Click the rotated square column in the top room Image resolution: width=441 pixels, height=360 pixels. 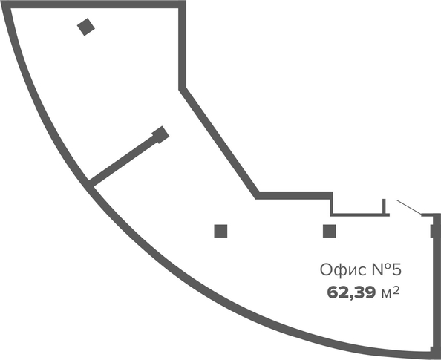(86, 27)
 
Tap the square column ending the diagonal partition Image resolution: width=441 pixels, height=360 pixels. (160, 134)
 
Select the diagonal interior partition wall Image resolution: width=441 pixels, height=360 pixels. (123, 160)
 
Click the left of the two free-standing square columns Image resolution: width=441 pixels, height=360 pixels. (220, 231)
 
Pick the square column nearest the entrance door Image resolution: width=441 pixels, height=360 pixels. (330, 231)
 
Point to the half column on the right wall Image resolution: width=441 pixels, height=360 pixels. (432, 231)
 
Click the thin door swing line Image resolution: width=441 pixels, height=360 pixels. (409, 207)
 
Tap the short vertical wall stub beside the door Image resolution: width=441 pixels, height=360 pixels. (384, 206)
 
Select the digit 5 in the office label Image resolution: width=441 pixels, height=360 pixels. (396, 269)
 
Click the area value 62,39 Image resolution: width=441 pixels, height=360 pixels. (351, 292)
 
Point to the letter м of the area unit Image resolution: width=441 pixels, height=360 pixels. (387, 294)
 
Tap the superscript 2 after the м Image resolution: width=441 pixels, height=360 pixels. (396, 290)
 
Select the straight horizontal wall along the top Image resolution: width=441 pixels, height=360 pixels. (94, 4)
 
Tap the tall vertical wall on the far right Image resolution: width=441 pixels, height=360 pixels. (437, 284)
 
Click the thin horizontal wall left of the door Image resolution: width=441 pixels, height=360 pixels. (360, 215)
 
